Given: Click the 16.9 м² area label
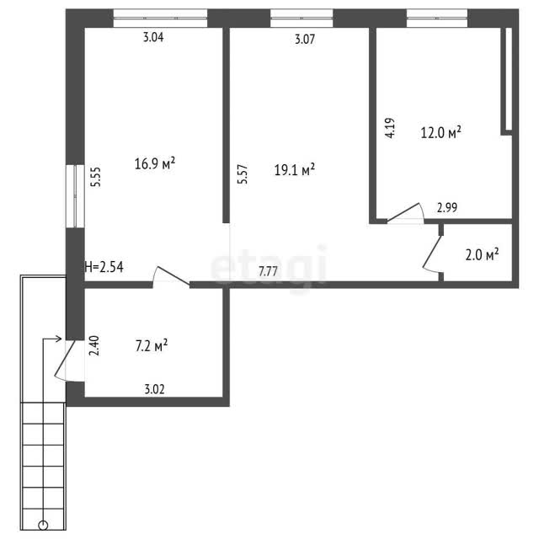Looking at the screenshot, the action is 155,163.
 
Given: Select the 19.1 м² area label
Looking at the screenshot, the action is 295,169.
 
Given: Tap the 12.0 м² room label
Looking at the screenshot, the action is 440,132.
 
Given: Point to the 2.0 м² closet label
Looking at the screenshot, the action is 482,254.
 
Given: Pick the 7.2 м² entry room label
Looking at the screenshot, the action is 152,346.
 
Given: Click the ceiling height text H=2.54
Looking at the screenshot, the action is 104,267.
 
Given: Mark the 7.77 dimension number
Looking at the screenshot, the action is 268,271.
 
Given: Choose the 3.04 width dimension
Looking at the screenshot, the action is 153,37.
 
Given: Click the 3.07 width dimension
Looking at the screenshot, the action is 305,40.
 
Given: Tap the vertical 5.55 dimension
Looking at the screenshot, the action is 95,177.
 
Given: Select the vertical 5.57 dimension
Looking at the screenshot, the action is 243,174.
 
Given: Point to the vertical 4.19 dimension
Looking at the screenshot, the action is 390,128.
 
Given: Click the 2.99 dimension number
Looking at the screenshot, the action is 447,208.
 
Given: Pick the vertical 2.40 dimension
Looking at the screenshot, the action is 93,345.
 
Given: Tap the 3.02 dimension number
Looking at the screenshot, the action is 154,389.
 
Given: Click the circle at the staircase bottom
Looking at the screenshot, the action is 43,526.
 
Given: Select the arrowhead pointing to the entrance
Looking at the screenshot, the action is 59,339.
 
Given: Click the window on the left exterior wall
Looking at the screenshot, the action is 75,196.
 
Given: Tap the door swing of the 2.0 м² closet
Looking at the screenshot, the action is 431,253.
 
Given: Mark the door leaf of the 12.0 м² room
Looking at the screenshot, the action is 403,211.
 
